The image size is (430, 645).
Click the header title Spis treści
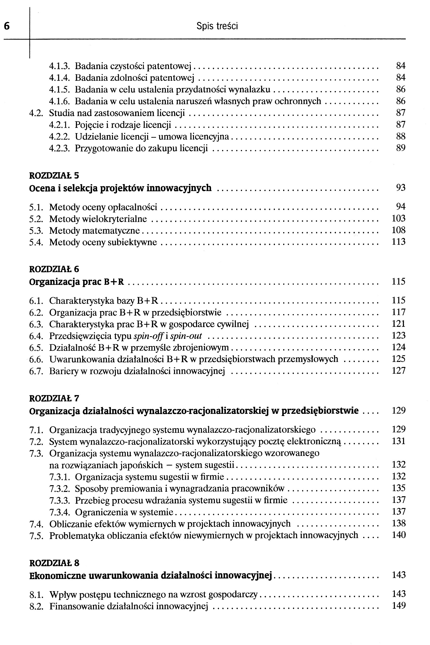click(x=217, y=26)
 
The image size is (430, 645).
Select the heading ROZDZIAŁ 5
click(x=54, y=175)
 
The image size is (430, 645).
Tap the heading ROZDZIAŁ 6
click(x=54, y=269)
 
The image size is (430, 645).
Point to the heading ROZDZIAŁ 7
click(x=54, y=398)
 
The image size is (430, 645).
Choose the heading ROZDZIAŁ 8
click(x=54, y=563)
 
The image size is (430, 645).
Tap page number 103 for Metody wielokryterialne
click(x=398, y=218)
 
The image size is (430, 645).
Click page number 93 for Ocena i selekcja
click(x=400, y=188)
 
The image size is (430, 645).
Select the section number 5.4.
click(x=36, y=242)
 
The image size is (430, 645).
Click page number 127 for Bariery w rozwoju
click(x=399, y=371)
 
